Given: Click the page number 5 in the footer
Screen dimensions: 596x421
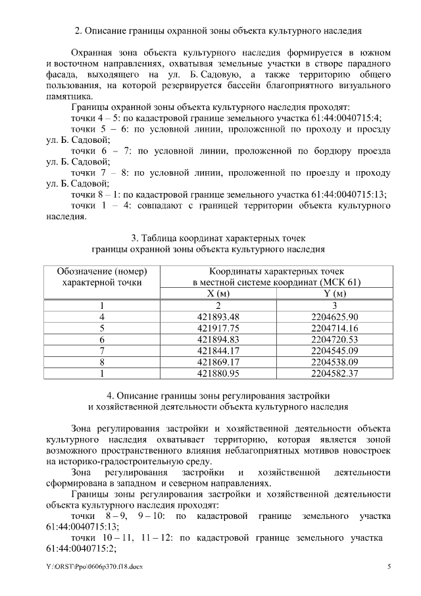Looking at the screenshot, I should (x=389, y=567).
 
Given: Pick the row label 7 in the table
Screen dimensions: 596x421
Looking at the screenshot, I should (x=102, y=350).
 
